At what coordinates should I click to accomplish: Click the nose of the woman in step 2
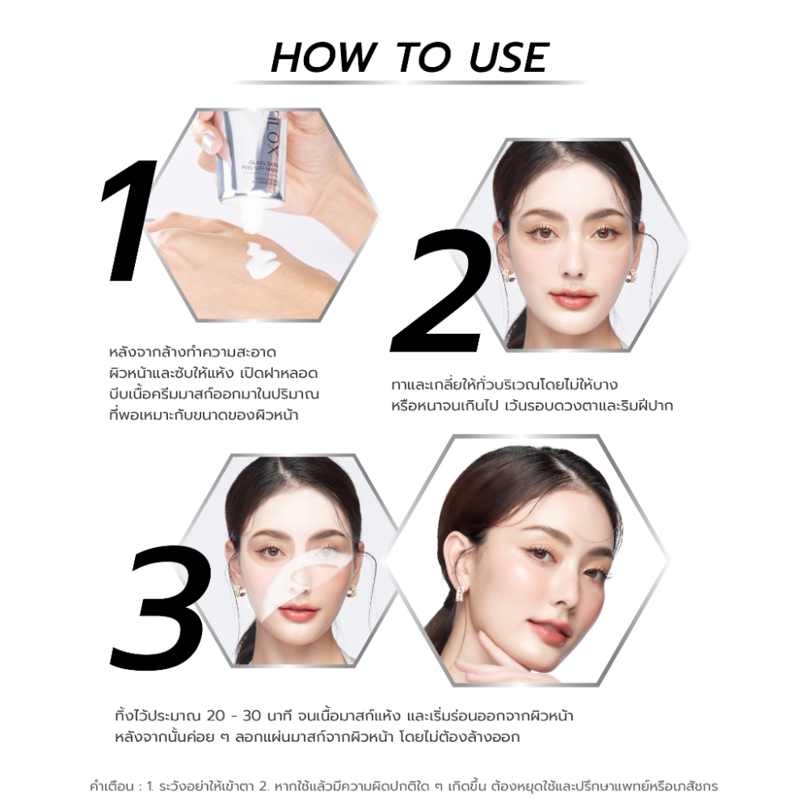(571, 263)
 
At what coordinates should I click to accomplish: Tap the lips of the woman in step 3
(299, 612)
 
